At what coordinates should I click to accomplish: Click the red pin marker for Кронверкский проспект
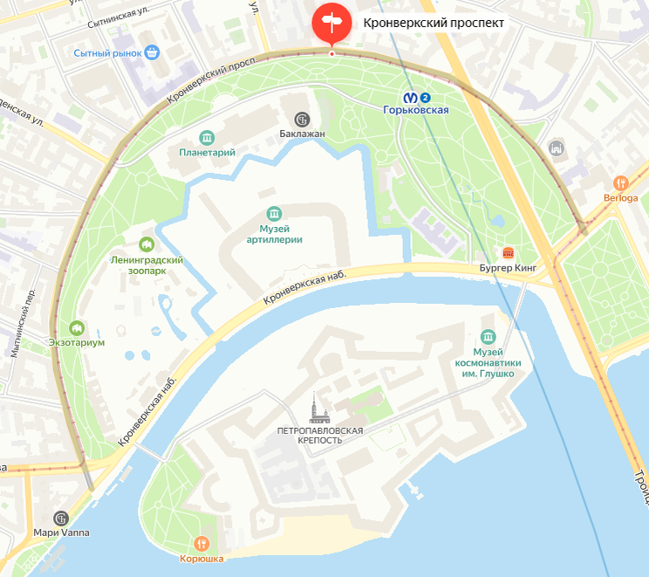[x=331, y=22]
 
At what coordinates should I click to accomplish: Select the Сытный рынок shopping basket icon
[x=153, y=52]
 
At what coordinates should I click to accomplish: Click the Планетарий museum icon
[x=207, y=137]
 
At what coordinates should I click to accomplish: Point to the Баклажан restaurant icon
[x=302, y=119]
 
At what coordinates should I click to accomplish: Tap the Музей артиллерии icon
[x=275, y=214]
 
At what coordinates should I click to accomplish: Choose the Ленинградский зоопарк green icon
[x=147, y=244]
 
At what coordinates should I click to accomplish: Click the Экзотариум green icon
[x=77, y=327]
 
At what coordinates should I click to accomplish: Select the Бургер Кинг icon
[x=509, y=252]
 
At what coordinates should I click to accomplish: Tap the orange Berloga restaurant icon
[x=620, y=182]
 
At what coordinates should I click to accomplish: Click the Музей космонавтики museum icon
[x=486, y=336]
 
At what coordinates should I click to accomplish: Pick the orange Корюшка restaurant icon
[x=202, y=543]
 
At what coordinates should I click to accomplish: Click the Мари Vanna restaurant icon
[x=60, y=518]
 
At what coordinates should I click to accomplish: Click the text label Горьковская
[x=417, y=110]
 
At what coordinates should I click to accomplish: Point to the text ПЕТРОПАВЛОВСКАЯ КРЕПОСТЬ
[x=319, y=436]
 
